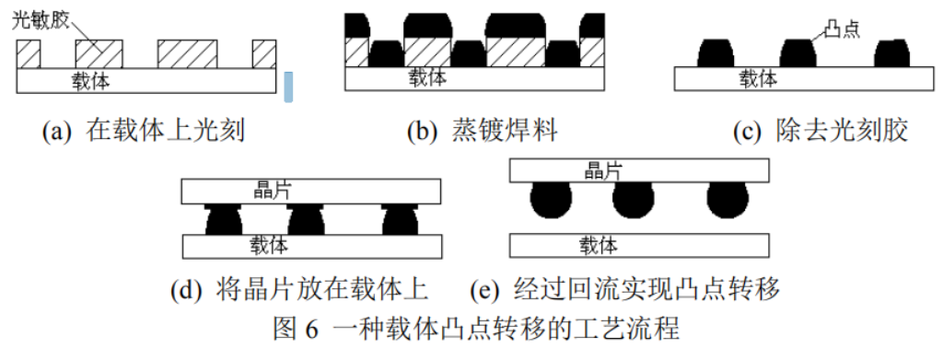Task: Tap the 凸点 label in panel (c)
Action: tap(838, 28)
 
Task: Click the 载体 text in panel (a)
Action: tap(91, 81)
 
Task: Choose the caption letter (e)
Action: tap(484, 290)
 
